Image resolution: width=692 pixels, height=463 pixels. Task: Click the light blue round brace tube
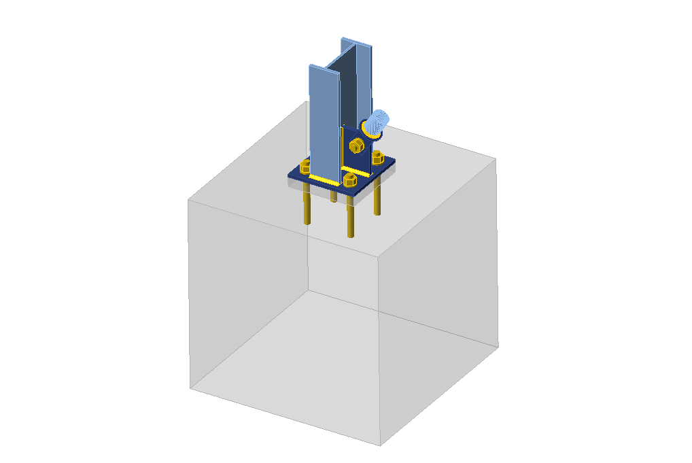(x=378, y=124)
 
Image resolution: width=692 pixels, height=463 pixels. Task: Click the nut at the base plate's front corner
(x=350, y=180)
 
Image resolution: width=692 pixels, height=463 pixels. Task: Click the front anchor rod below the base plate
(x=351, y=218)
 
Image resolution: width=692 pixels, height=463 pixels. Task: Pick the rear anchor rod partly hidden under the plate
(x=333, y=196)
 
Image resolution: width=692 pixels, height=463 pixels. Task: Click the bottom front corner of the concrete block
(x=379, y=445)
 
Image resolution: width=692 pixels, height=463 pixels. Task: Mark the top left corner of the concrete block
(x=188, y=199)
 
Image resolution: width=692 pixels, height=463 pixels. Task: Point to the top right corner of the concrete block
(x=496, y=158)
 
